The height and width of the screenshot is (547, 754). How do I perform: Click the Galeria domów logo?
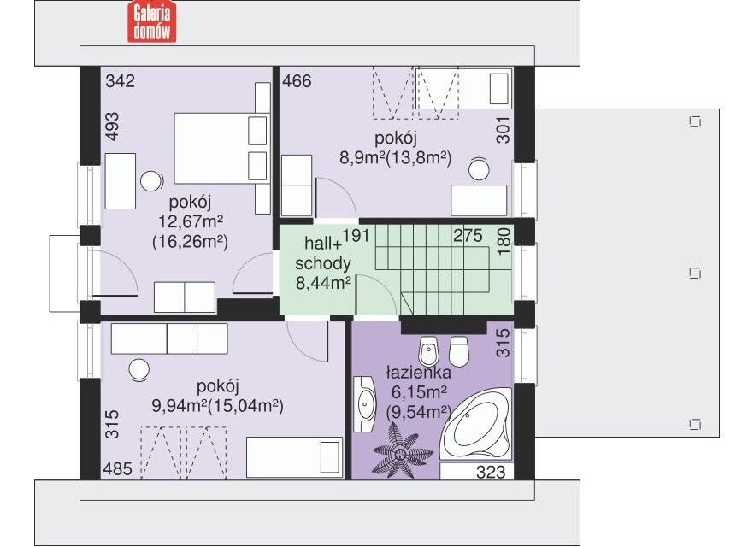tap(151, 21)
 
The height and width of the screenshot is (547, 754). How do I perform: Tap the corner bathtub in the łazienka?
tap(478, 423)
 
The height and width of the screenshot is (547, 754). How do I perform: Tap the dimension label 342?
tap(121, 80)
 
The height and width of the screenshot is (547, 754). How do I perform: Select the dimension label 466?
tap(297, 80)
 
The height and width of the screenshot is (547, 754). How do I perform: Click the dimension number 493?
tap(112, 126)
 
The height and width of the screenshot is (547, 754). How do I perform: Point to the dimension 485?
tap(118, 468)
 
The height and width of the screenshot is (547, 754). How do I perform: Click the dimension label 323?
tap(491, 472)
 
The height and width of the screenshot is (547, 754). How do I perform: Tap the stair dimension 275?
tap(468, 236)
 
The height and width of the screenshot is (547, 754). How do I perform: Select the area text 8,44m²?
tap(323, 283)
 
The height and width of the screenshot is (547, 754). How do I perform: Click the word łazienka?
tap(418, 372)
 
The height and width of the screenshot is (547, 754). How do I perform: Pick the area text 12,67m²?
tap(191, 221)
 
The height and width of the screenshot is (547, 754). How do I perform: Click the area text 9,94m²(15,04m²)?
tap(218, 406)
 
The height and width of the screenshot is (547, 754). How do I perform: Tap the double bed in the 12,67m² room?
tap(221, 148)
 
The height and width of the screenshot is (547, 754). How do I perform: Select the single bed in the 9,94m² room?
tap(294, 457)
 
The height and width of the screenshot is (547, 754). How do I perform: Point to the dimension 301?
tap(503, 130)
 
